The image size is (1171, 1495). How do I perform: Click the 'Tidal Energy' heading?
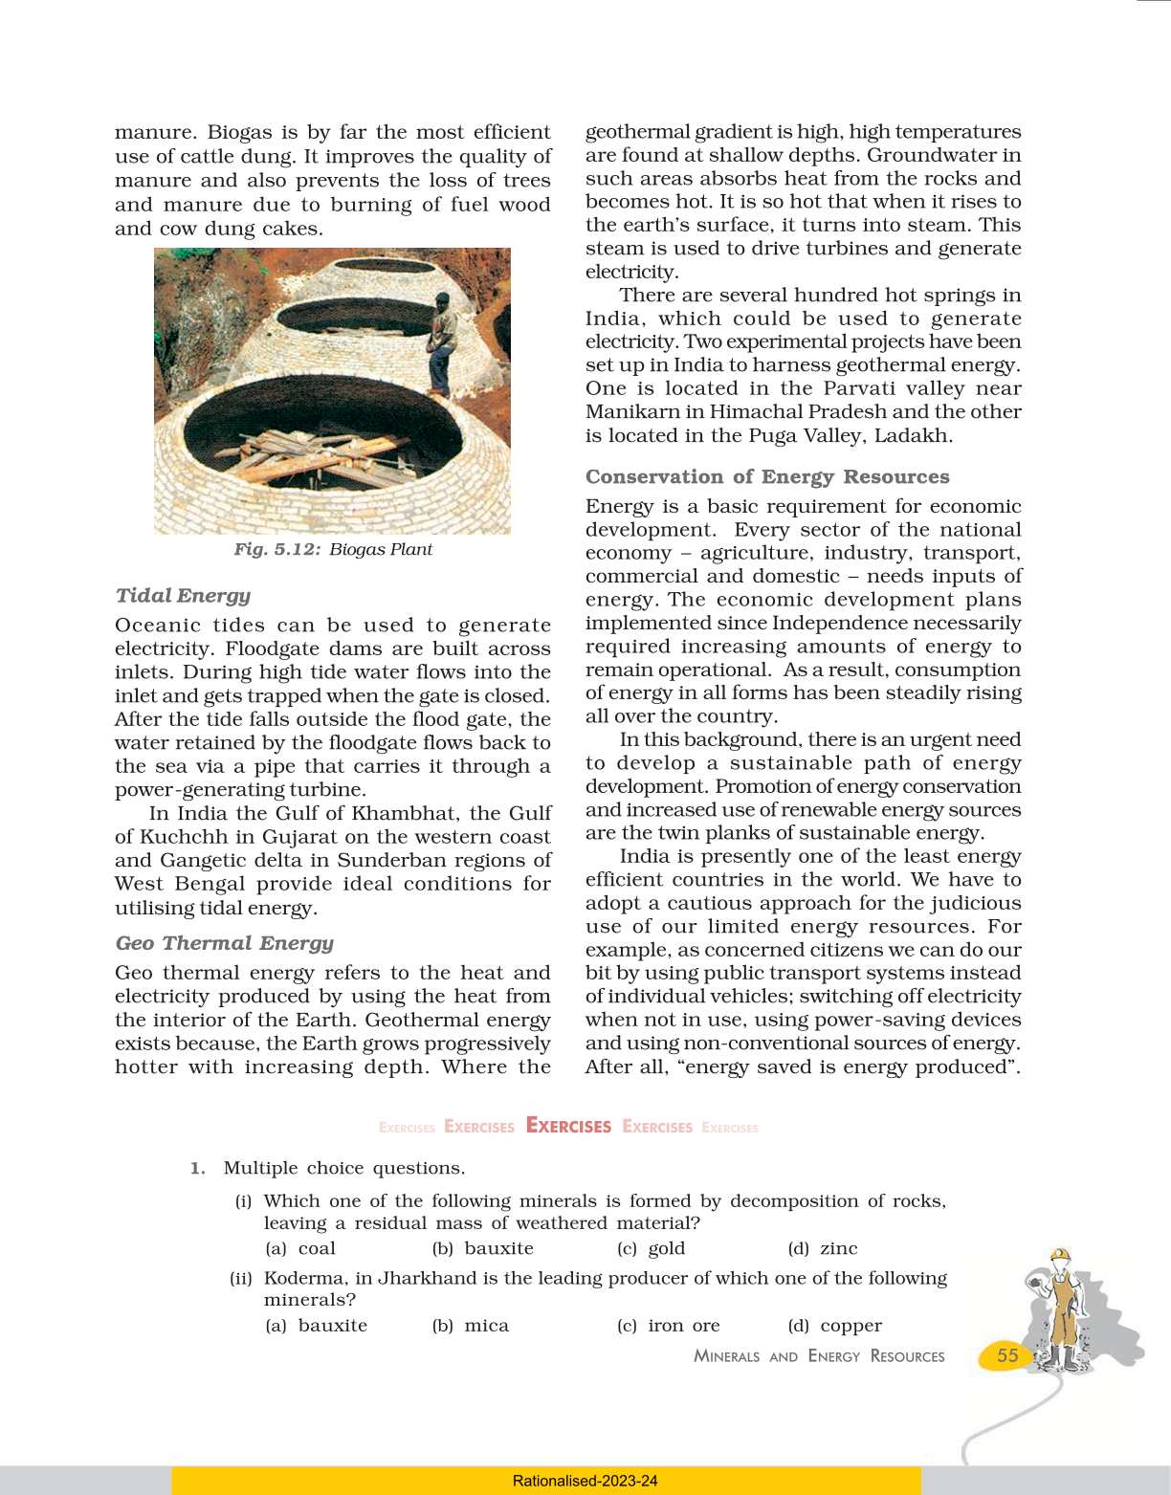(x=183, y=595)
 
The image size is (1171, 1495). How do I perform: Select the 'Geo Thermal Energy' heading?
(x=224, y=942)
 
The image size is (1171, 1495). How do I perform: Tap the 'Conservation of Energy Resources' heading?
(x=767, y=476)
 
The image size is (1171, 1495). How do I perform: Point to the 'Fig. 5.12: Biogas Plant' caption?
(x=332, y=549)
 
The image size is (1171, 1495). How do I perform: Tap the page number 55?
(x=1007, y=1355)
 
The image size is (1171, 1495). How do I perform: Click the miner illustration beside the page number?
(x=1062, y=1310)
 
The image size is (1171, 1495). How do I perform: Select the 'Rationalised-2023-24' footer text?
(x=585, y=1481)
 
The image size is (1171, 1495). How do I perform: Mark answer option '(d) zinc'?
(x=822, y=1248)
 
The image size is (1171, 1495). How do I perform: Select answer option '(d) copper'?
(x=834, y=1326)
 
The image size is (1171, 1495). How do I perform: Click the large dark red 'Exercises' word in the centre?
(x=568, y=1126)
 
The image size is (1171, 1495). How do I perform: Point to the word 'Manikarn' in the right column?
(x=632, y=411)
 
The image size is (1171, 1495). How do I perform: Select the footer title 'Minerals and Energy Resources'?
(x=819, y=1356)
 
